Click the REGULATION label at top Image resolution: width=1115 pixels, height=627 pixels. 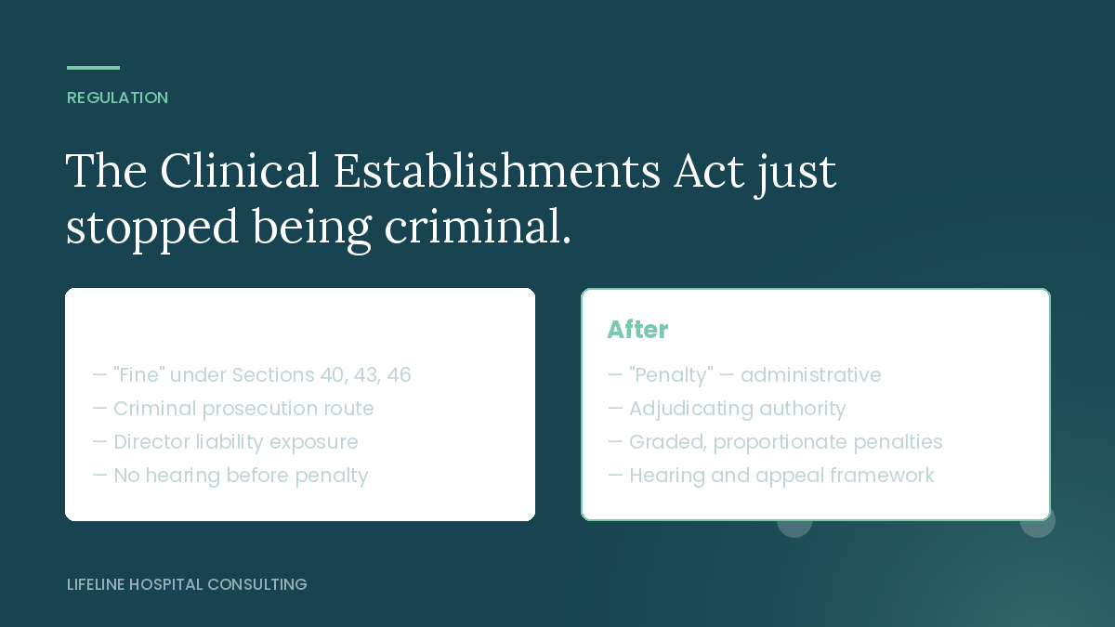point(117,98)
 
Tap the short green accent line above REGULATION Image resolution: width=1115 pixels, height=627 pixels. point(94,68)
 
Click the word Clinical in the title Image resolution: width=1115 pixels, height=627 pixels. point(240,171)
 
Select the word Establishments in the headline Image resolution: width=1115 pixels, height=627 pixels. point(497,171)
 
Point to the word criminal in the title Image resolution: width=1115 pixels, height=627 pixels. point(478,227)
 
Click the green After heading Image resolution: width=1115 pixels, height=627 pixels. point(637,330)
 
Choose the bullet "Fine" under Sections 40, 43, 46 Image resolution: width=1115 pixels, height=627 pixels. point(252,374)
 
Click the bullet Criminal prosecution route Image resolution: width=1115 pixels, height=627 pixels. point(233,409)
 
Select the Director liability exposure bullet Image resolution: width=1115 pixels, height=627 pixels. point(226,442)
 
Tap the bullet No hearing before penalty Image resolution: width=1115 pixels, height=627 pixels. point(230,476)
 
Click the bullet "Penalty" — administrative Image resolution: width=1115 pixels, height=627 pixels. point(744,374)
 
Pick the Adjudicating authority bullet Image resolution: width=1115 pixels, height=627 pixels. point(727,409)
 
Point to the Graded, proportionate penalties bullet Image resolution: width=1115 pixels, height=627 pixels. point(776,442)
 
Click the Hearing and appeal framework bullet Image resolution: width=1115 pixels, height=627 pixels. point(771,476)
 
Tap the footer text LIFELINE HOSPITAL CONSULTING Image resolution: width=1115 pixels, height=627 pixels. point(187,584)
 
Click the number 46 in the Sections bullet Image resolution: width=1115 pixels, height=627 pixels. point(399,374)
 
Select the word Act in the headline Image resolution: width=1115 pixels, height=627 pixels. point(709,171)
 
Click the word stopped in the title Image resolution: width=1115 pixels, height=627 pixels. point(151,227)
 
